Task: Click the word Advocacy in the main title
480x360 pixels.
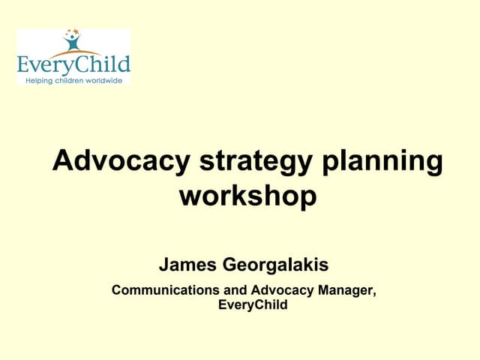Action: [x=120, y=162]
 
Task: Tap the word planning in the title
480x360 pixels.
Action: [x=382, y=163]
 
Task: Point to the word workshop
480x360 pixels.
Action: [x=247, y=196]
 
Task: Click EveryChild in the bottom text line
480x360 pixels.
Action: [x=252, y=304]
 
